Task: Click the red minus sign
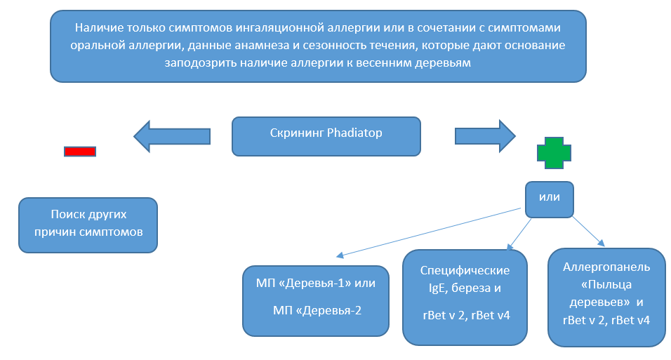pos(80,151)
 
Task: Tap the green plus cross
pos(554,153)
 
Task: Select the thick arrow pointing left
pos(172,135)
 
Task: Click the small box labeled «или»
pos(549,198)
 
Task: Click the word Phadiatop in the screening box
pos(354,133)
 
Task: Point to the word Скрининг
pos(297,133)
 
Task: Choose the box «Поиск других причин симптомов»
pos(88,225)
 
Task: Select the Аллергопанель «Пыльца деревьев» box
pos(606,297)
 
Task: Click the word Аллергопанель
pos(606,267)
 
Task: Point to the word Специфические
pos(465,270)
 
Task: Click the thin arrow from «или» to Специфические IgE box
pos(520,232)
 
